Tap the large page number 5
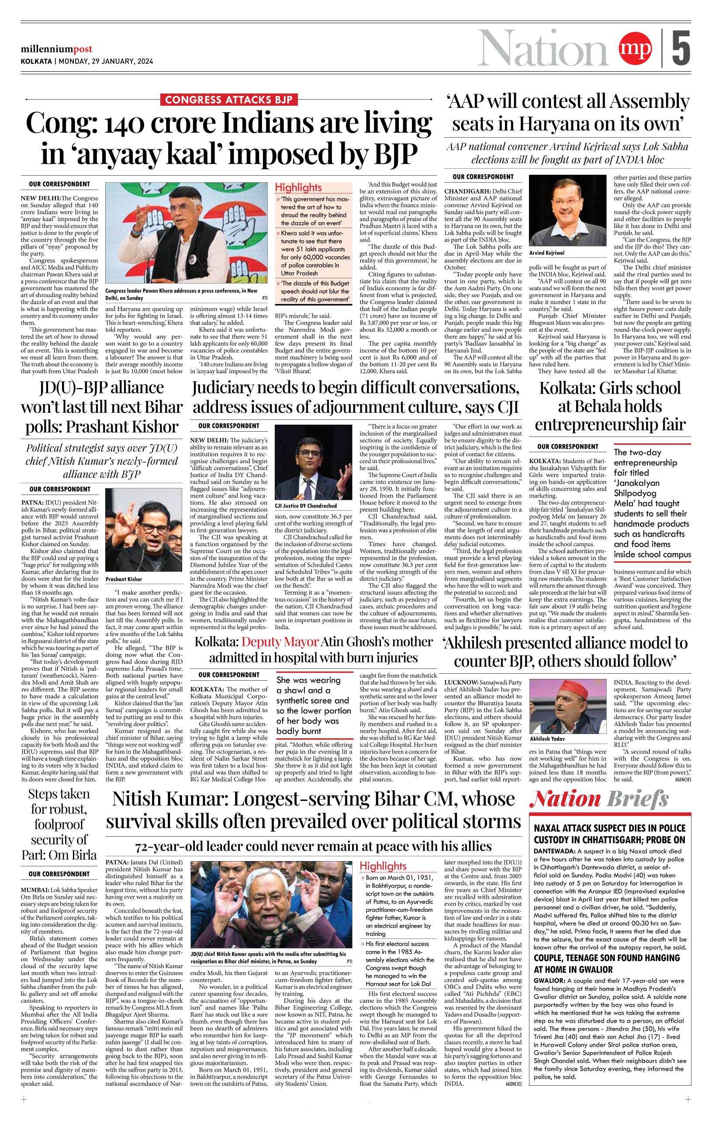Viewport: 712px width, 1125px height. click(x=681, y=48)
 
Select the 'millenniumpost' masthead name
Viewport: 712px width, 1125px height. click(x=56, y=49)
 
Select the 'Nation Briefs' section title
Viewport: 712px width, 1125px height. click(x=599, y=800)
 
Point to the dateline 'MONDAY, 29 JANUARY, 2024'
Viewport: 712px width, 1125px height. click(x=106, y=61)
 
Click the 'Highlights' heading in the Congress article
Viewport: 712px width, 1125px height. click(x=298, y=187)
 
